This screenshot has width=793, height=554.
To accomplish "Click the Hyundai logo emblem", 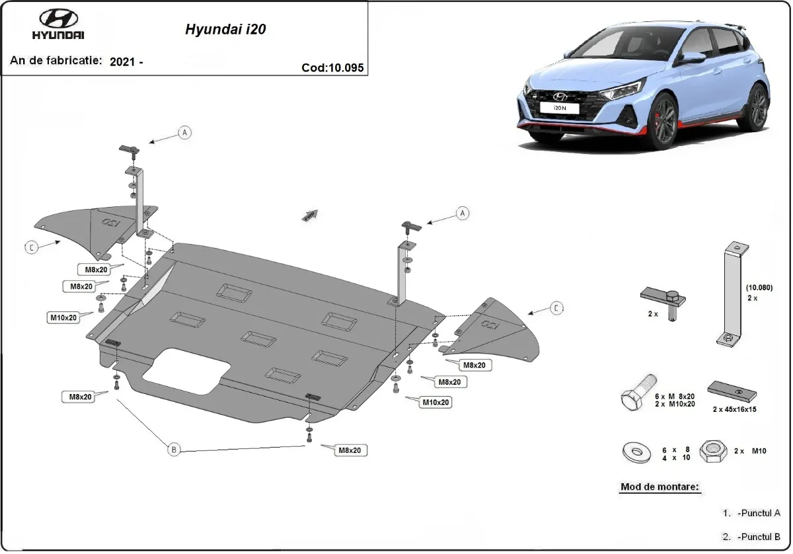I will coord(58,19).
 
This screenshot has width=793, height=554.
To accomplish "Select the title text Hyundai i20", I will coord(225,30).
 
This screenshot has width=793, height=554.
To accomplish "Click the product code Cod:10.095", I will coord(332,67).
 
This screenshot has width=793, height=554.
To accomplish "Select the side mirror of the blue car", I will coord(693,58).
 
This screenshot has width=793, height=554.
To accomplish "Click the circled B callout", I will coord(174,450).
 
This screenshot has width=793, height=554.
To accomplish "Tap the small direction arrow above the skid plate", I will coord(309,215).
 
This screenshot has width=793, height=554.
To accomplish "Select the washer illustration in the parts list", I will coord(636,453).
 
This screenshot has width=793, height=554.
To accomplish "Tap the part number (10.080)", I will coord(759,288).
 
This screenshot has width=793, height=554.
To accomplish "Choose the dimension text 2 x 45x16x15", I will coord(734,409).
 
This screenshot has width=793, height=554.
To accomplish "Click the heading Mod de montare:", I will coord(659,487).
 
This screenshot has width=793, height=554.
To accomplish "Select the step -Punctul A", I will coord(759,513).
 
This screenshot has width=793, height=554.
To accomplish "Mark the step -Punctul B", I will coord(759,536).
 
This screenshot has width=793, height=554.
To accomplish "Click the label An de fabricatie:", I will coord(56,60).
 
